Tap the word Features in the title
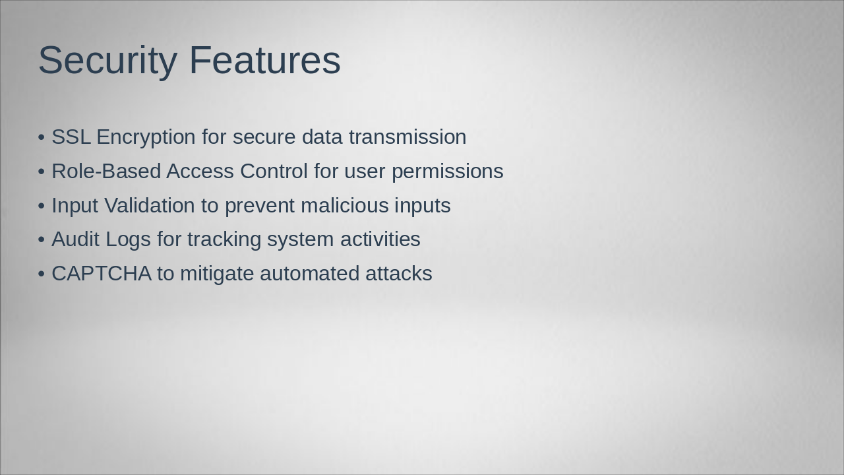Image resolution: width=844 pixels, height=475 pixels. pyautogui.click(x=265, y=59)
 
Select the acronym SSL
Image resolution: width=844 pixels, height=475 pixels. pyautogui.click(x=71, y=137)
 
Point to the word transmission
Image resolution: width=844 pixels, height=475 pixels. pyautogui.click(x=407, y=137)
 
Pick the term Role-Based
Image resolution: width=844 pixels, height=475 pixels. pyautogui.click(x=106, y=171)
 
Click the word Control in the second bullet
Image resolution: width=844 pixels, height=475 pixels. pyautogui.click(x=274, y=171)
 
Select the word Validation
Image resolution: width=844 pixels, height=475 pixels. pyautogui.click(x=150, y=205)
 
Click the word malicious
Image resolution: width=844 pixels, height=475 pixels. pyautogui.click(x=345, y=205)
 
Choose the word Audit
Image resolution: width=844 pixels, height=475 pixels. pyautogui.click(x=75, y=239)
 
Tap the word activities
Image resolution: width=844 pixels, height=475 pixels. pyautogui.click(x=380, y=239)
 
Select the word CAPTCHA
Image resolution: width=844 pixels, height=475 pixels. pyautogui.click(x=102, y=273)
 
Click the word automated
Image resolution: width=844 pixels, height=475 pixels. pyautogui.click(x=310, y=273)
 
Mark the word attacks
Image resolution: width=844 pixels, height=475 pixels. pyautogui.click(x=399, y=273)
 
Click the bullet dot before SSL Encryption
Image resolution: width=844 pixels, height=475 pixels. pyautogui.click(x=42, y=137)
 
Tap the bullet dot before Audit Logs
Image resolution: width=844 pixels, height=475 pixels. pyautogui.click(x=42, y=239)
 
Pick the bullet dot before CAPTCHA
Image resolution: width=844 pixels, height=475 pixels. pyautogui.click(x=42, y=274)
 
